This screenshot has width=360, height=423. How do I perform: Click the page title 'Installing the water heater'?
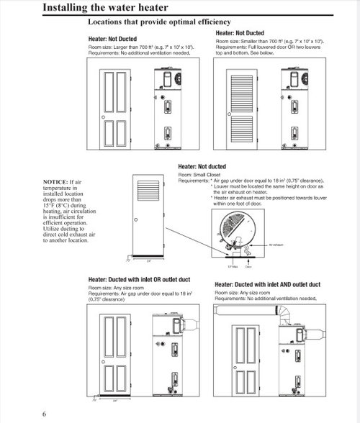point(106,8)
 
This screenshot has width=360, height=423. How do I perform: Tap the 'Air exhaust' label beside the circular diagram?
point(276,245)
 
